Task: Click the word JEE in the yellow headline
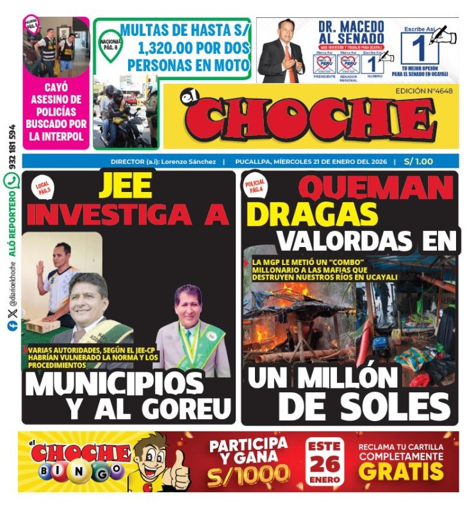coord(126,186)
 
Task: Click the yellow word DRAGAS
coord(312,214)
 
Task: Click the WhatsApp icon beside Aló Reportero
coord(12,181)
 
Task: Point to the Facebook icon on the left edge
coord(12,326)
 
